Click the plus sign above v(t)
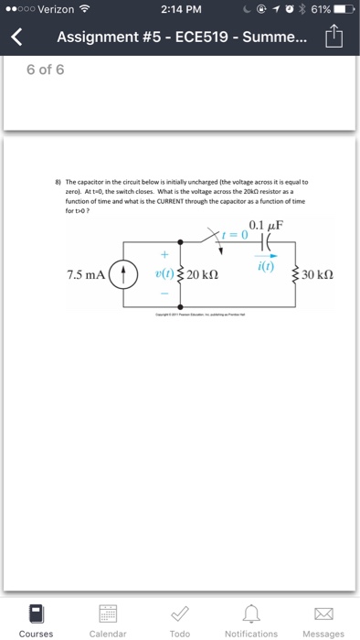pyautogui.click(x=165, y=254)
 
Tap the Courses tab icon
pyautogui.click(x=36, y=613)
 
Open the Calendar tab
pyautogui.click(x=108, y=613)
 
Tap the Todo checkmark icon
pyautogui.click(x=180, y=613)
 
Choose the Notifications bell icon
pyautogui.click(x=251, y=613)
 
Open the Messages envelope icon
pyautogui.click(x=323, y=613)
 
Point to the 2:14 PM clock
pyautogui.click(x=178, y=8)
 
